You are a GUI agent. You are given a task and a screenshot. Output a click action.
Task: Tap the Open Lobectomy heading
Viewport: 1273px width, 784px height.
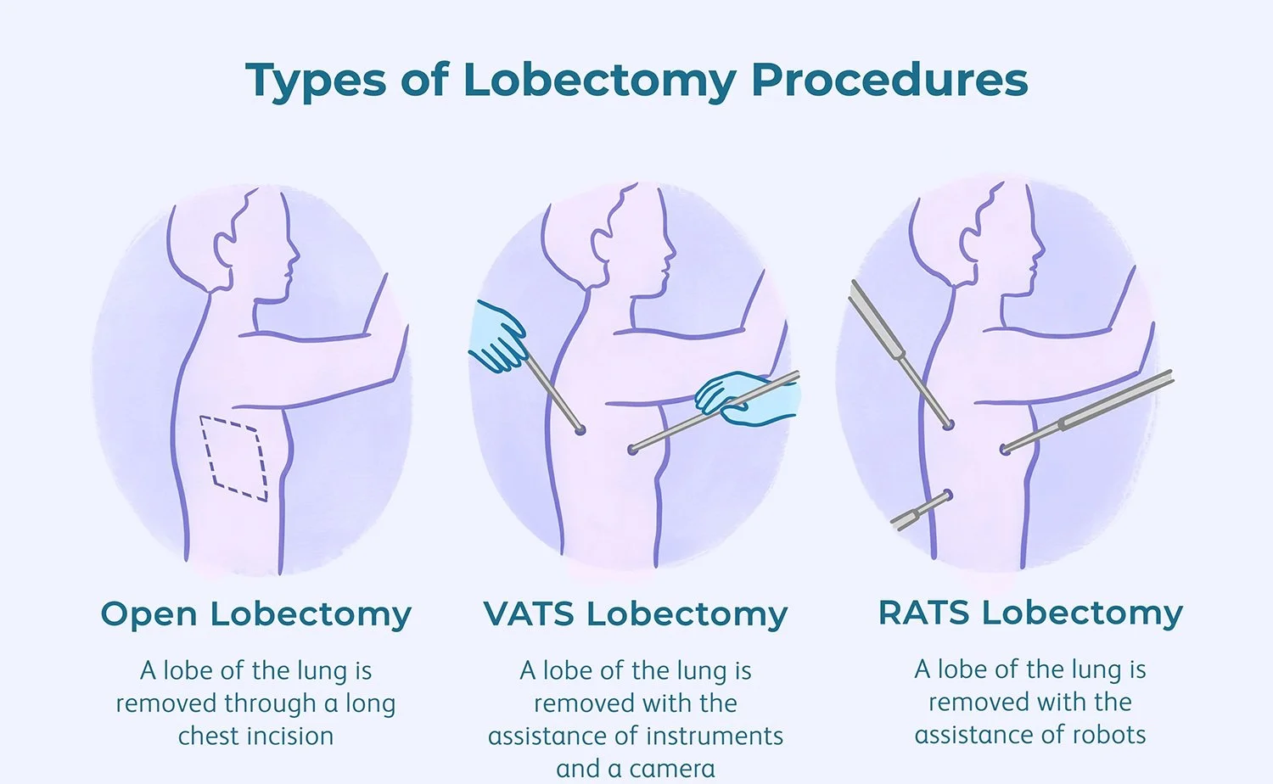255,613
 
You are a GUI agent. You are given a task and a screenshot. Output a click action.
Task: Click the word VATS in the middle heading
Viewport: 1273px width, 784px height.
528,613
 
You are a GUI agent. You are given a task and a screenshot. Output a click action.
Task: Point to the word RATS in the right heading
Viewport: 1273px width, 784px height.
923,612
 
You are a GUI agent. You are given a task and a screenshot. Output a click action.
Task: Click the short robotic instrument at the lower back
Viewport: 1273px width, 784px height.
922,510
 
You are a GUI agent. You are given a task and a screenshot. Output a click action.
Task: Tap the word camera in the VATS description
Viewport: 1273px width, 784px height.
672,769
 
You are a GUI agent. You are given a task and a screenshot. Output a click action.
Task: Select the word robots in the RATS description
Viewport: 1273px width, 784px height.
1106,735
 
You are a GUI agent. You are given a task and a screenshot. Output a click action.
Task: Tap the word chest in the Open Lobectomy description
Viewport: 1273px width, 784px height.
205,736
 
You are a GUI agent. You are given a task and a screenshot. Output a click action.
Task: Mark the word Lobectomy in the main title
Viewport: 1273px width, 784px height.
600,81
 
